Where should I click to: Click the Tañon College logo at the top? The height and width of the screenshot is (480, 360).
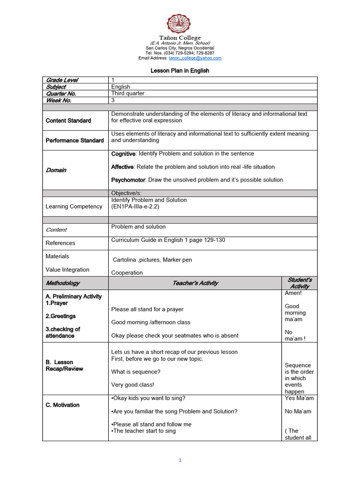tap(180, 23)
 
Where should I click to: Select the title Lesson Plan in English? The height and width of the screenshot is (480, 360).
tap(180, 71)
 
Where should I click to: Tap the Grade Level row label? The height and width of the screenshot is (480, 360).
tap(62, 80)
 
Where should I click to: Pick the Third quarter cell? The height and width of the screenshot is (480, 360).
tap(127, 93)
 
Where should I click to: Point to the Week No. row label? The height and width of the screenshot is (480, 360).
tap(59, 100)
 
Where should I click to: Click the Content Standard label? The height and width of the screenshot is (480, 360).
tap(68, 120)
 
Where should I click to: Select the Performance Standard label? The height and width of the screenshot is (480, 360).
tap(75, 141)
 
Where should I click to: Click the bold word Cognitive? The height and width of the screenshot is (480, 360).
tap(123, 154)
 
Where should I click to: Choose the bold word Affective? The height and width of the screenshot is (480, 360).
tap(122, 167)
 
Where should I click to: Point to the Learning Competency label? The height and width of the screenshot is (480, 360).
tap(74, 206)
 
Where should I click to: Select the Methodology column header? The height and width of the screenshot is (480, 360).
tap(62, 283)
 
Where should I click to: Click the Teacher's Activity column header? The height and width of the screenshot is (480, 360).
tap(195, 283)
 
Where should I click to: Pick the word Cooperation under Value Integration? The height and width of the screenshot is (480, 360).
tap(127, 273)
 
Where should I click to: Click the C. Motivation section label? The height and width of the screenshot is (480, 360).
tap(62, 405)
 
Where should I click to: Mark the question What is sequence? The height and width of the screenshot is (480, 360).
tap(135, 372)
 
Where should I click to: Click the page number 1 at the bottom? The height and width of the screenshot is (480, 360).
tap(180, 460)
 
